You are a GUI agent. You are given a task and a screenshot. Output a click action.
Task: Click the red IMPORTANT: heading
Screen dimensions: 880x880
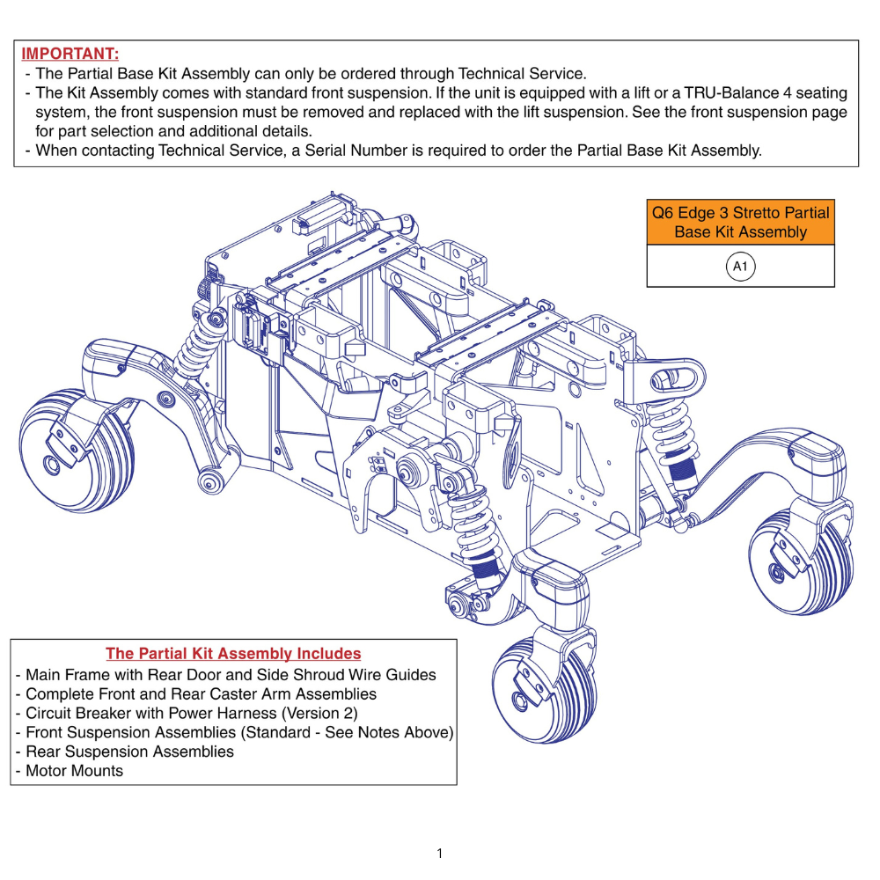coord(70,54)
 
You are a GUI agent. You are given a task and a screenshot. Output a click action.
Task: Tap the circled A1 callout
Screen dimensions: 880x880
coord(740,266)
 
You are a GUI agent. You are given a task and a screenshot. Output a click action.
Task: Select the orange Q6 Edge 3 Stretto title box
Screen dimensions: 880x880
coord(740,222)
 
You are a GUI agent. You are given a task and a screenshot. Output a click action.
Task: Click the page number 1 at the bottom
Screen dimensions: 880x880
coord(439,853)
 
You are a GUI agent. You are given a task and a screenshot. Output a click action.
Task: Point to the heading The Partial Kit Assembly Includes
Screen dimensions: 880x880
coord(233,654)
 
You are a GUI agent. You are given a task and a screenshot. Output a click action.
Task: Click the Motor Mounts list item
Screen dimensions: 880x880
coord(74,771)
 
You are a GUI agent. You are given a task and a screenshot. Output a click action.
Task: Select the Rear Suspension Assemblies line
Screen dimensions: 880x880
coord(129,752)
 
